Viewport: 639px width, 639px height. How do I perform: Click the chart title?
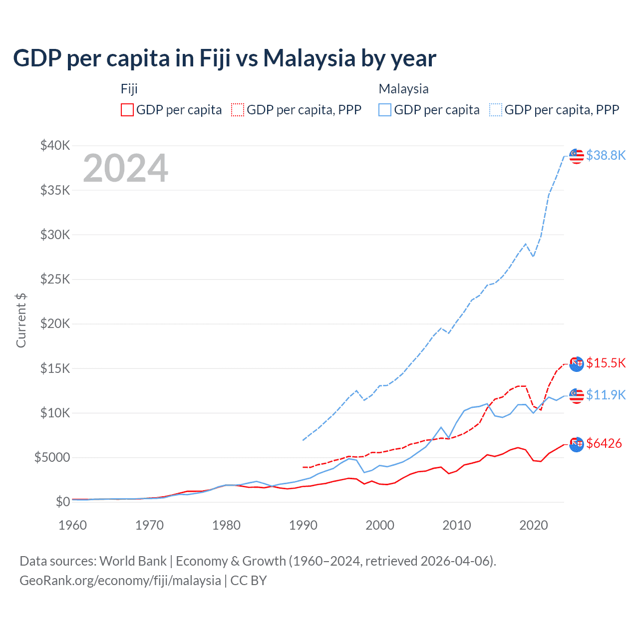pyautogui.click(x=225, y=58)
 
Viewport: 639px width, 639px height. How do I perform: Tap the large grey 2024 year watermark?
pyautogui.click(x=125, y=168)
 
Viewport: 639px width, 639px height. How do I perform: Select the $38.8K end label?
pyautogui.click(x=606, y=155)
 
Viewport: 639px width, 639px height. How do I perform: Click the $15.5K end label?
pyautogui.click(x=606, y=363)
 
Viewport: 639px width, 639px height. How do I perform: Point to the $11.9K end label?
pyautogui.click(x=606, y=395)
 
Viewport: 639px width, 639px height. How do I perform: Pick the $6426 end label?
pyautogui.click(x=604, y=443)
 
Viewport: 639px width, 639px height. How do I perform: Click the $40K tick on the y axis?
pyautogui.click(x=55, y=146)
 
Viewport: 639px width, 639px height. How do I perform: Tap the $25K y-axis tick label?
pyautogui.click(x=55, y=279)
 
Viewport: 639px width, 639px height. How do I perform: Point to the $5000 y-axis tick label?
pyautogui.click(x=52, y=457)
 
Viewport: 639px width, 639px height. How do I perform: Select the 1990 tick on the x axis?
pyautogui.click(x=303, y=525)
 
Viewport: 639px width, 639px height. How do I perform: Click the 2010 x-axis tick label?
pyautogui.click(x=457, y=525)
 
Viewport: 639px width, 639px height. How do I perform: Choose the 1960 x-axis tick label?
pyautogui.click(x=73, y=525)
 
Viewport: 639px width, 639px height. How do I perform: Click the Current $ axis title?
pyautogui.click(x=21, y=320)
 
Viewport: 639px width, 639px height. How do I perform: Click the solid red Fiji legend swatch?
pyautogui.click(x=127, y=110)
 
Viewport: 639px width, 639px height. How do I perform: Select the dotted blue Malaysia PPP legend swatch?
pyautogui.click(x=496, y=110)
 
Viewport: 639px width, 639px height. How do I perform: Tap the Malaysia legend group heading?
pyautogui.click(x=403, y=89)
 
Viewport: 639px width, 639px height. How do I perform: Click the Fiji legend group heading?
pyautogui.click(x=129, y=89)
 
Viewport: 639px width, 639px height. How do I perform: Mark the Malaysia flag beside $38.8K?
pyautogui.click(x=577, y=156)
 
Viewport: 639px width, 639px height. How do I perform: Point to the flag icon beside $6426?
pyautogui.click(x=577, y=444)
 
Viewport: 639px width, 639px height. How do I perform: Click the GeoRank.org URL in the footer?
pyautogui.click(x=120, y=581)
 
